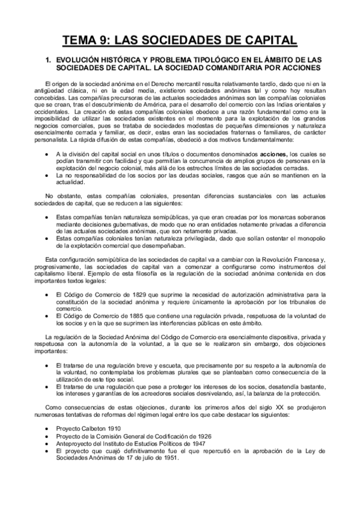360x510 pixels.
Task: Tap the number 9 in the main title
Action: coord(108,40)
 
